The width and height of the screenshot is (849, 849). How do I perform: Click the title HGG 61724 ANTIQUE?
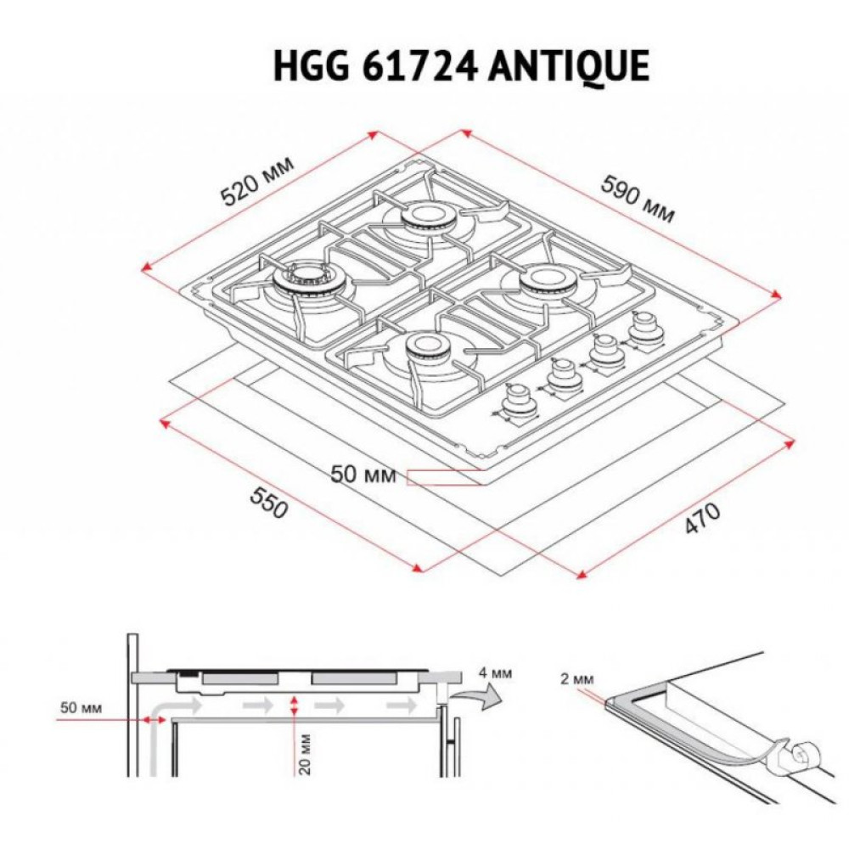(x=461, y=65)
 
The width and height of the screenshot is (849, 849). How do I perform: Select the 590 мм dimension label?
(x=638, y=198)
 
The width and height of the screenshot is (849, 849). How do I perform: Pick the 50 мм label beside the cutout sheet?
(x=363, y=475)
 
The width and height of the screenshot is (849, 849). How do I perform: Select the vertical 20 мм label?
(x=304, y=751)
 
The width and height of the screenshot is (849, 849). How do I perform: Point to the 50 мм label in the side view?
(x=83, y=707)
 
